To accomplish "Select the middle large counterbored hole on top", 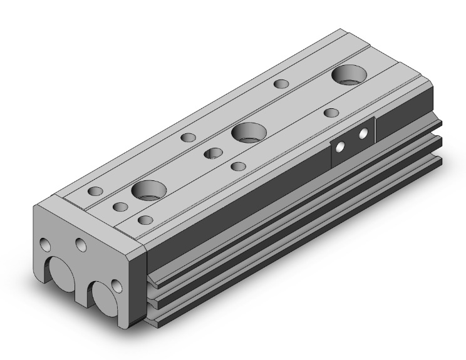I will (249, 132).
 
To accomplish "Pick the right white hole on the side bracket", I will (363, 134).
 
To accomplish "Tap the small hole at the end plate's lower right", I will (116, 287).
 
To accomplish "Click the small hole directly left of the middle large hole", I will (214, 152).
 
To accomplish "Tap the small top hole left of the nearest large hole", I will (96, 191).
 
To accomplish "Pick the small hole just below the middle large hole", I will (238, 166).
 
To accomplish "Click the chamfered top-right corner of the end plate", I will (140, 252).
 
